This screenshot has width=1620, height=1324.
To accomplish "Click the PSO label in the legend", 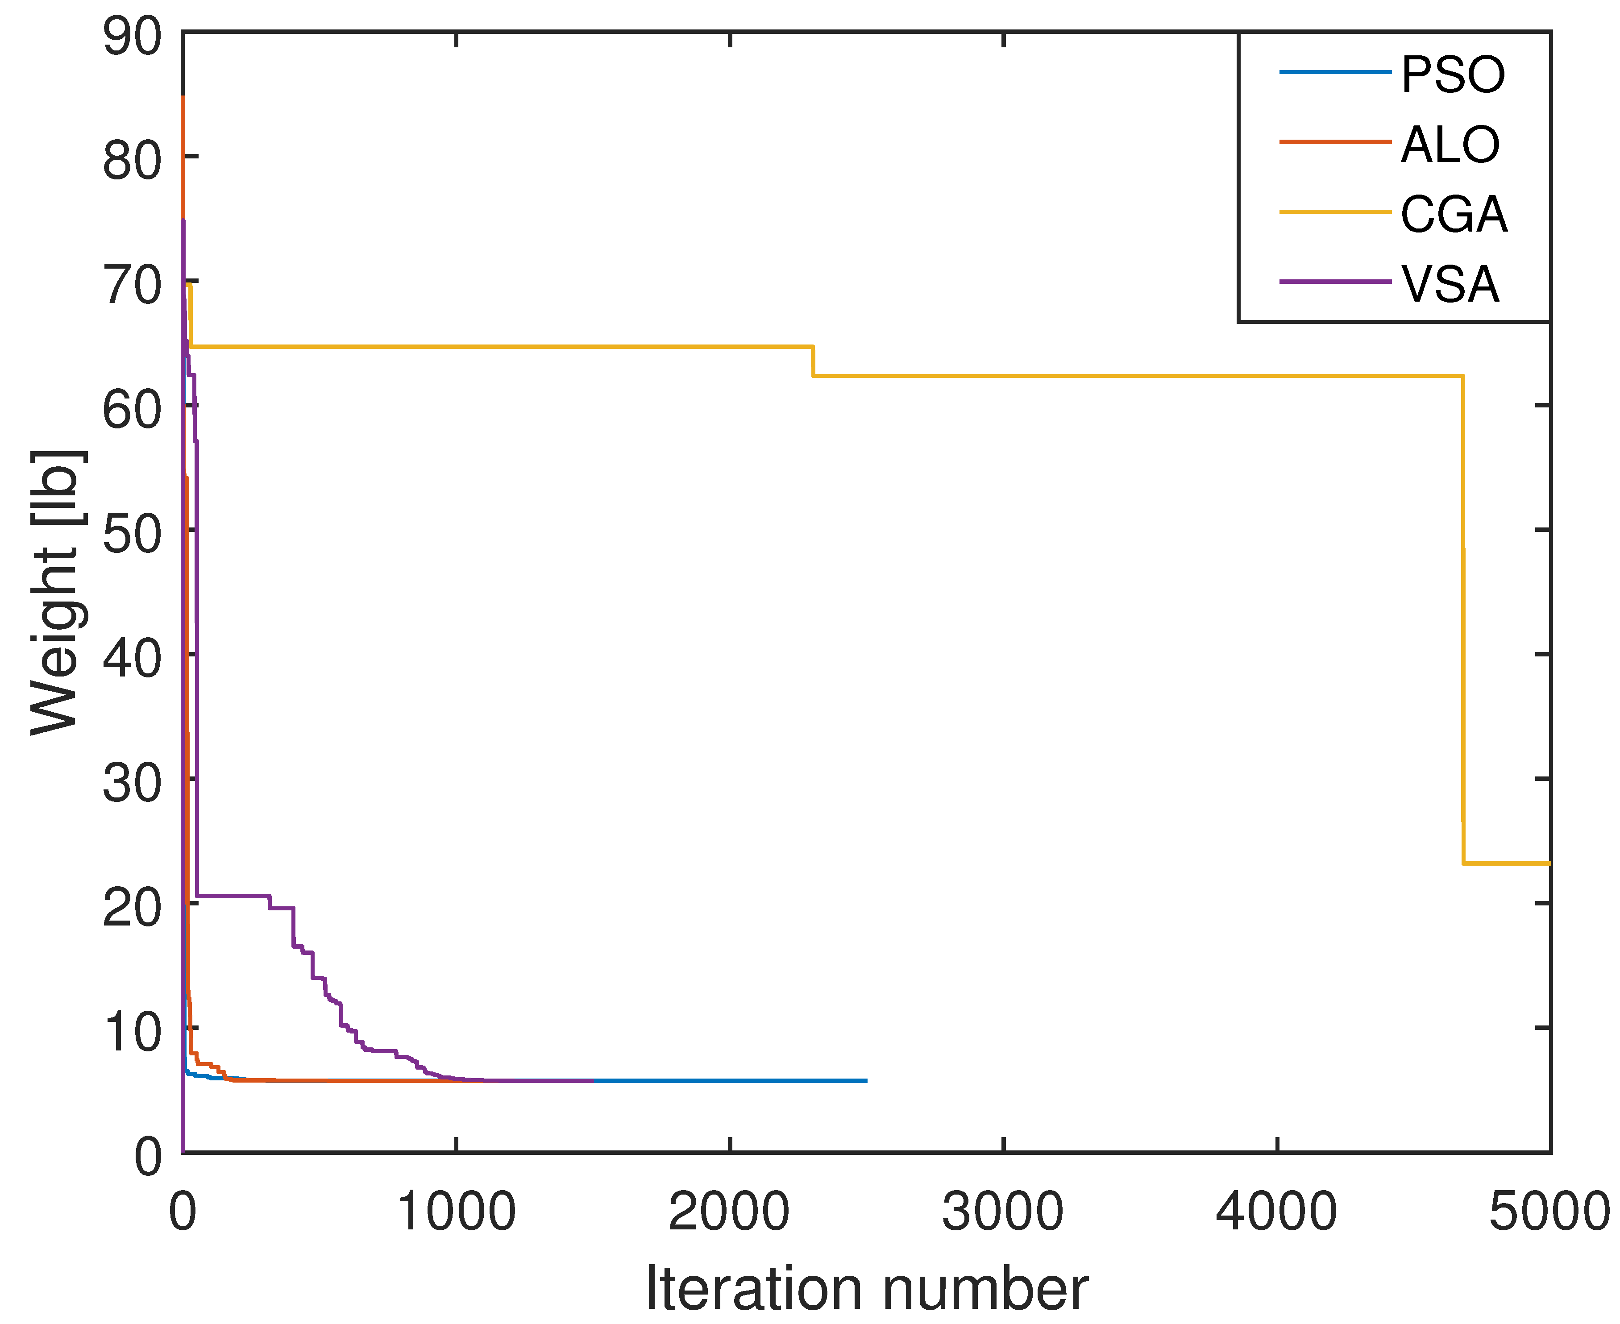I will (1452, 75).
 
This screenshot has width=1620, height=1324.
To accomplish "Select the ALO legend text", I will (1449, 144).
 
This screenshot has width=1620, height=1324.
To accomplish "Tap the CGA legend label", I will (1453, 214).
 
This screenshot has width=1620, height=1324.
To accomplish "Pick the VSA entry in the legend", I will (1449, 284).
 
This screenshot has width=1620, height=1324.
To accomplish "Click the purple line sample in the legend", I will (1335, 282).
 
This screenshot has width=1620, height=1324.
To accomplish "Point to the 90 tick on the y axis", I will (132, 37).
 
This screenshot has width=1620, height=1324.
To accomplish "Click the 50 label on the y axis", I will (132, 533).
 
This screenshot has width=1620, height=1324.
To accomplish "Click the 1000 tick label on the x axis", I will (456, 1211).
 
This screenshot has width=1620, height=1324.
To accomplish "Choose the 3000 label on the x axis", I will (1002, 1211).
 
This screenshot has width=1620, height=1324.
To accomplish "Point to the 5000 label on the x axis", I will (1548, 1211).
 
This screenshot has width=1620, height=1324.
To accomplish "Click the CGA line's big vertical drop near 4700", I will (1463, 610).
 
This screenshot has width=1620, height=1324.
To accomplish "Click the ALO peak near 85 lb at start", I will (183, 99).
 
